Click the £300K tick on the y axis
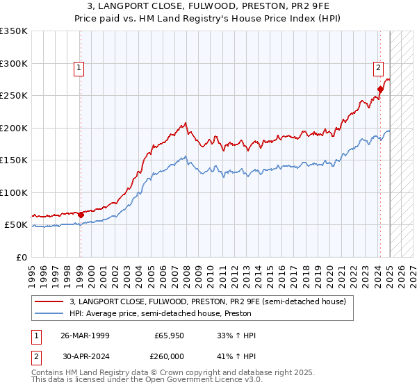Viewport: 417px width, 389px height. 14,63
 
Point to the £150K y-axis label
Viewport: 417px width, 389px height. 14,160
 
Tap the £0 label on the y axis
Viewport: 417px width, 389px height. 22,257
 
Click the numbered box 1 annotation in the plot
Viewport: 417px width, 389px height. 79,68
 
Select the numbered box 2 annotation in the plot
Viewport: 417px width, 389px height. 378,68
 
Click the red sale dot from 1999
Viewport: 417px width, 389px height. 81,215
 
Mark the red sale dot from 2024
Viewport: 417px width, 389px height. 380,89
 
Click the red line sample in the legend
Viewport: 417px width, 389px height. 49,301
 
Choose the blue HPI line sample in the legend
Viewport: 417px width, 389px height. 49,313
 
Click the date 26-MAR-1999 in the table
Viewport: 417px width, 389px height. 85,336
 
